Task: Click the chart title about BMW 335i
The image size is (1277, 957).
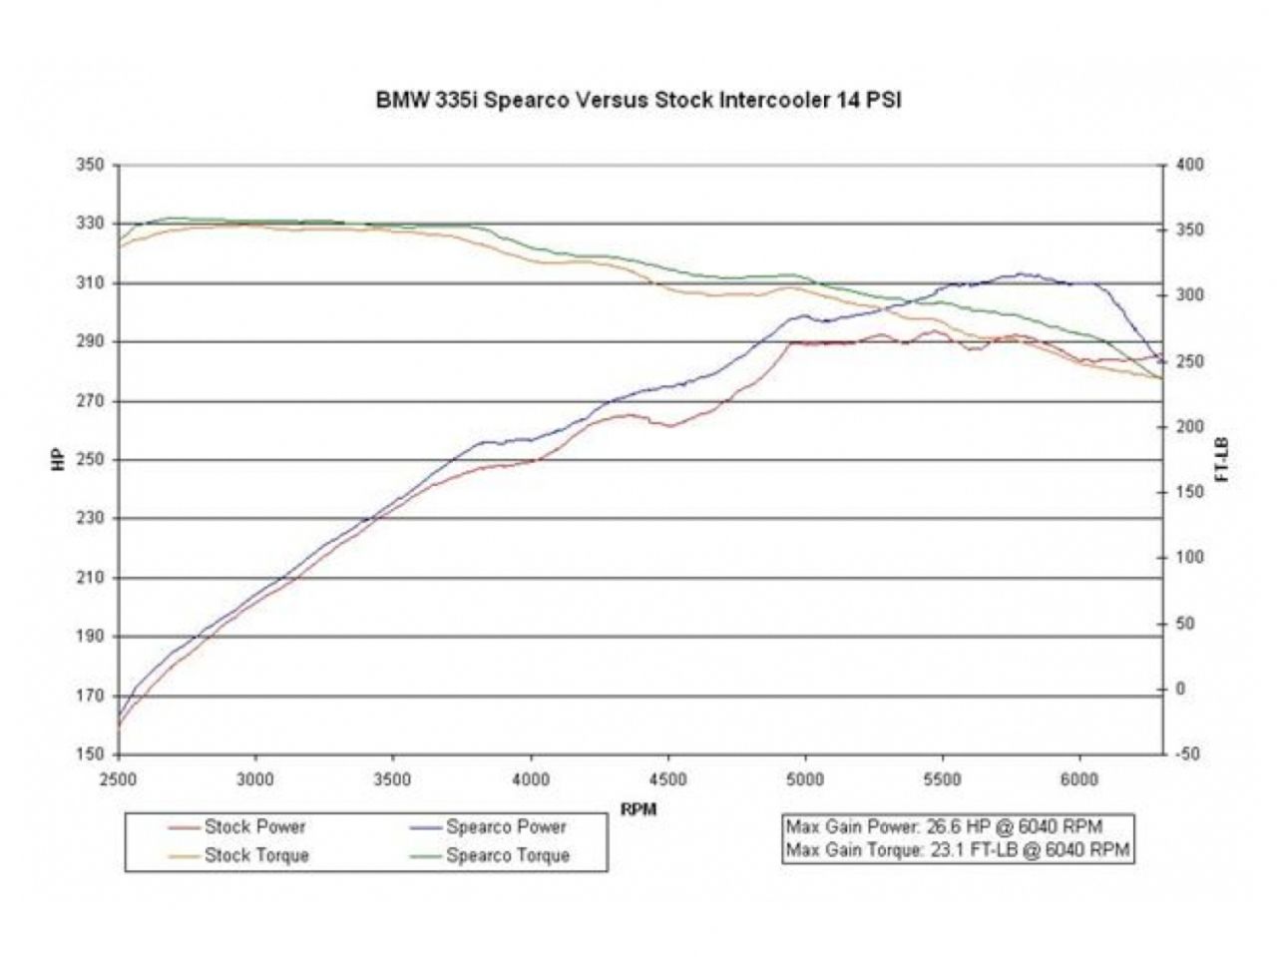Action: [x=638, y=101]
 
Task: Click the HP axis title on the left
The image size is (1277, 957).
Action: [x=57, y=460]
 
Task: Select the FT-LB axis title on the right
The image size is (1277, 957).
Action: [x=1223, y=460]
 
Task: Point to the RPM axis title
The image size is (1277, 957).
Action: [x=638, y=809]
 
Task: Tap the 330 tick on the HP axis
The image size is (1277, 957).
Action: [x=91, y=224]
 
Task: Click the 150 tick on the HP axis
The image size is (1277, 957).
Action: [x=91, y=754]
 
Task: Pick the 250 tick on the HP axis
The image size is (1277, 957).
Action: [x=91, y=460]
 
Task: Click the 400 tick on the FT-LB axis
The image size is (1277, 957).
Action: [x=1189, y=165]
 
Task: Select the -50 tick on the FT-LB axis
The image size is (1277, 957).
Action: [x=1187, y=754]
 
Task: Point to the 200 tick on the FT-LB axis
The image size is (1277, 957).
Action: [x=1189, y=427]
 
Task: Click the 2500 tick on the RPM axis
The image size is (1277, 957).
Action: [x=119, y=779]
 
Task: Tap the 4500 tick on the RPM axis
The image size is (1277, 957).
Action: [x=667, y=779]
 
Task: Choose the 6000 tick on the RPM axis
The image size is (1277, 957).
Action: [x=1080, y=779]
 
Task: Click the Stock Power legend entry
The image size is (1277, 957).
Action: [x=254, y=826]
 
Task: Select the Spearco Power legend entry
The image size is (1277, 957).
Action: [x=506, y=826]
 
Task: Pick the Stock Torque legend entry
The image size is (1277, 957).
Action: [x=256, y=855]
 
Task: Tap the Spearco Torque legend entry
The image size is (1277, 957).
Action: [x=508, y=855]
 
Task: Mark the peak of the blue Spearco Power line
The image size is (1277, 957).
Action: [x=1020, y=273]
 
